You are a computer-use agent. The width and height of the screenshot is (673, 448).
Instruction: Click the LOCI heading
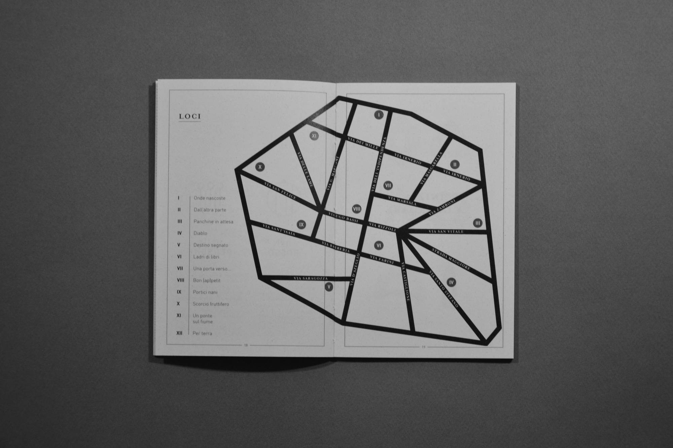[x=190, y=116]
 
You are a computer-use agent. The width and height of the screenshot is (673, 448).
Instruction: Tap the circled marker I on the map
[x=379, y=115]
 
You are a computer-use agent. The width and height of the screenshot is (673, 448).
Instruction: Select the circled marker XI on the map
[x=314, y=136]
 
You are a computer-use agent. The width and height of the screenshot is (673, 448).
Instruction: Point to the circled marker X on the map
[x=260, y=167]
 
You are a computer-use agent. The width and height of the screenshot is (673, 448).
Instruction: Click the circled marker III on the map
[x=477, y=223]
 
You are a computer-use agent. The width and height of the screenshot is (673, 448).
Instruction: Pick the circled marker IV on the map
[x=451, y=282]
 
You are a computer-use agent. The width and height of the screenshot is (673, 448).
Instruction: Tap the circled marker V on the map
[x=329, y=287]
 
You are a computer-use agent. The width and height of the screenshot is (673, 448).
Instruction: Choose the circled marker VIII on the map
[x=357, y=209]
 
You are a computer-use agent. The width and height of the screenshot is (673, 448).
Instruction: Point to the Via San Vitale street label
[x=446, y=232]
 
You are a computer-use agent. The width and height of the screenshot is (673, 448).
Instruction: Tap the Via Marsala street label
[x=402, y=201]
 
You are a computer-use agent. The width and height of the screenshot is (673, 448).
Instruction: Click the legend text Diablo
[x=200, y=233]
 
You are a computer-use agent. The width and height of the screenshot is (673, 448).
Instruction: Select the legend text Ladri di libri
[x=206, y=257]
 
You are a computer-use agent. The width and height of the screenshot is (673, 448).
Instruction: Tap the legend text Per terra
[x=202, y=333]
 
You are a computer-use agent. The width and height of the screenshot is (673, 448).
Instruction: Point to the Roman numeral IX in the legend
[x=179, y=292]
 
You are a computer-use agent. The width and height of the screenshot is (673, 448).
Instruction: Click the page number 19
[x=424, y=347]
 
